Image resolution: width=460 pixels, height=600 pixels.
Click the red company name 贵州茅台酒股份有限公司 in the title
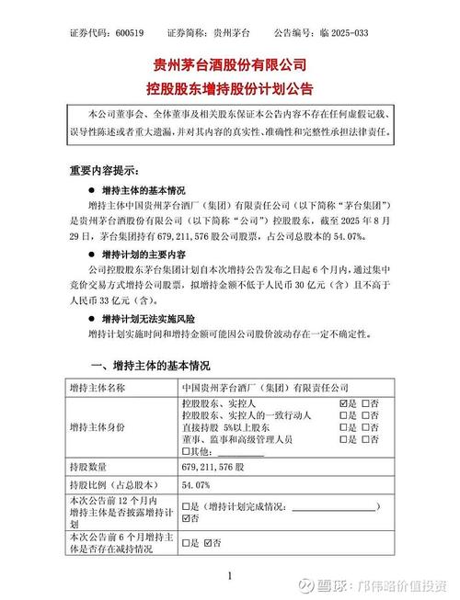pyautogui.click(x=229, y=66)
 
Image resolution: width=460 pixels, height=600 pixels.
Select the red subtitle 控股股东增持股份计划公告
pyautogui.click(x=229, y=89)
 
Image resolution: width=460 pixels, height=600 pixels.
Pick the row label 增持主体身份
pyautogui.click(x=104, y=428)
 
